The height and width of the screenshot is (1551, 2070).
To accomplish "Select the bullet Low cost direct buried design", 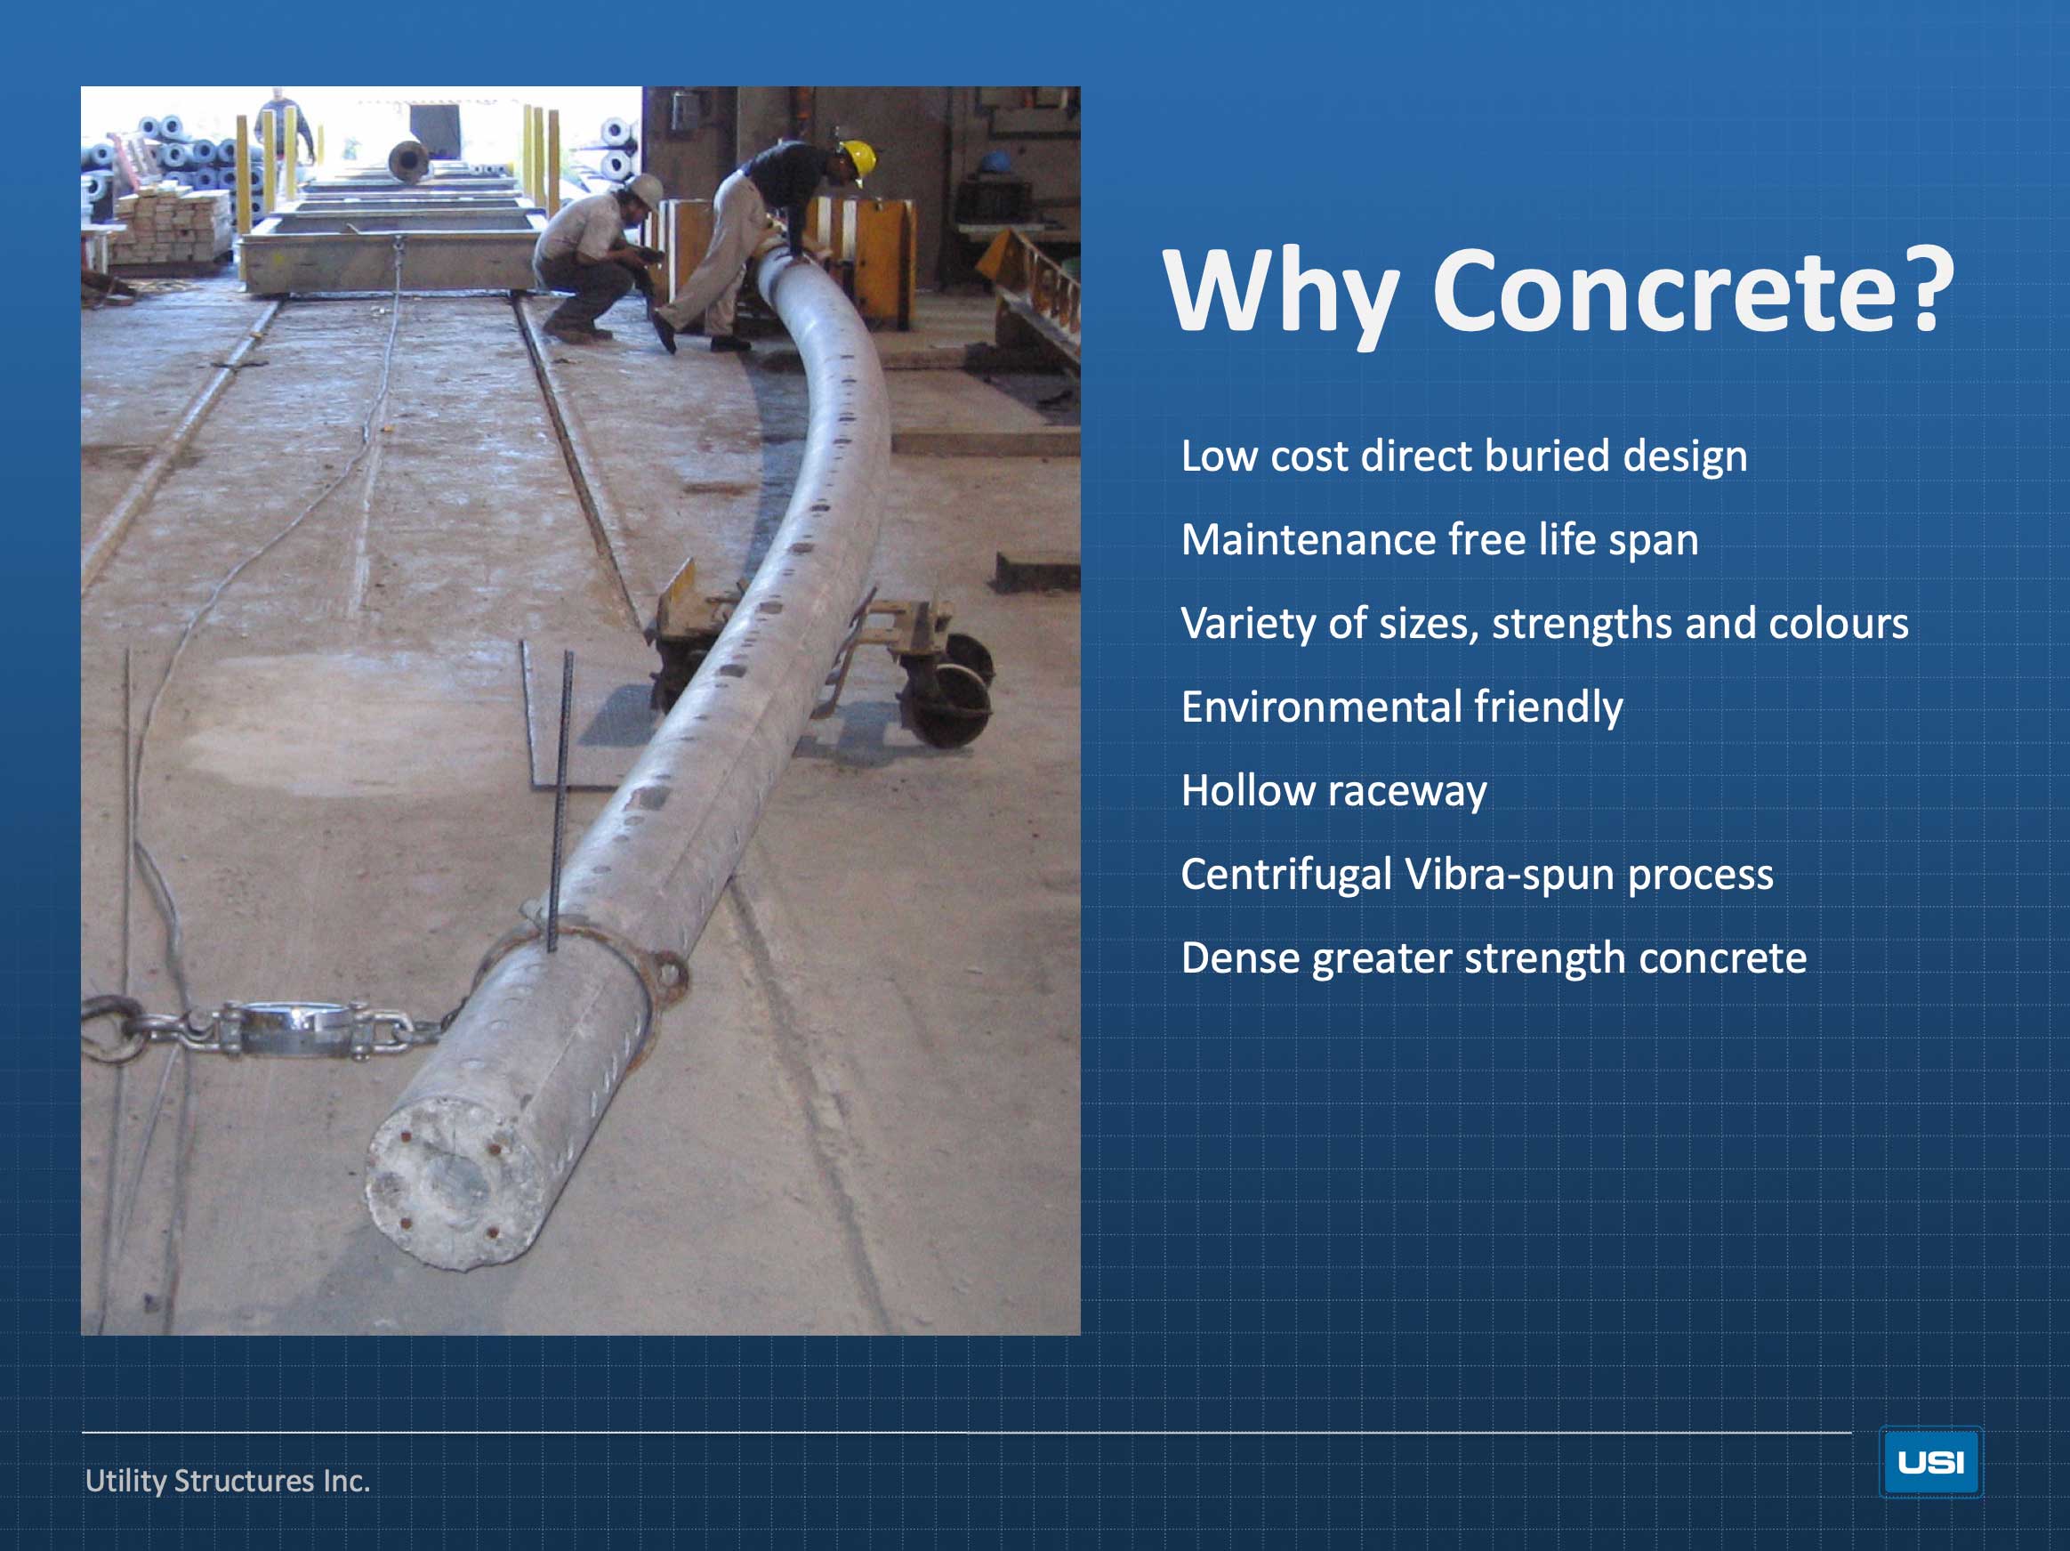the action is [1463, 456].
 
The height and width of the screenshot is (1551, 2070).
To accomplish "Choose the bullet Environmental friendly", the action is [1401, 707].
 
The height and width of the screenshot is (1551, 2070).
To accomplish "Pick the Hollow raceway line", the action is [1333, 792].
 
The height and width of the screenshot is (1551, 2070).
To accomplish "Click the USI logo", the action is [1929, 1461].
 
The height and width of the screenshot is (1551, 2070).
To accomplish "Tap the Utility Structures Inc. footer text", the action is [228, 1480].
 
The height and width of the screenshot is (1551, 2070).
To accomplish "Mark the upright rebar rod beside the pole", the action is [560, 800].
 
